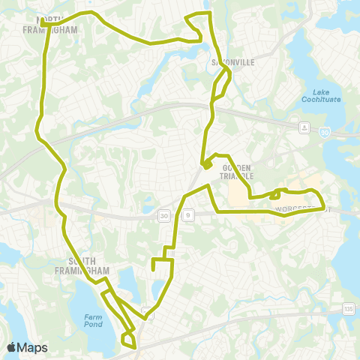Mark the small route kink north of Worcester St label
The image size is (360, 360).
coord(277,193)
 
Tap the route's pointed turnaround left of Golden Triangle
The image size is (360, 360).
coord(204,166)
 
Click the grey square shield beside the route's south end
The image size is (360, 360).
coord(148,316)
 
